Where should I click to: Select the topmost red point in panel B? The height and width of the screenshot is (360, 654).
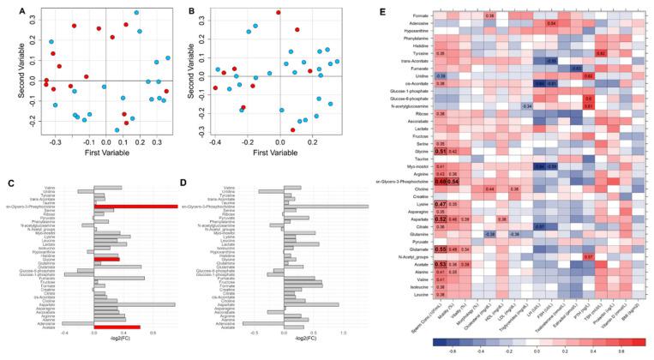click(x=277, y=13)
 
